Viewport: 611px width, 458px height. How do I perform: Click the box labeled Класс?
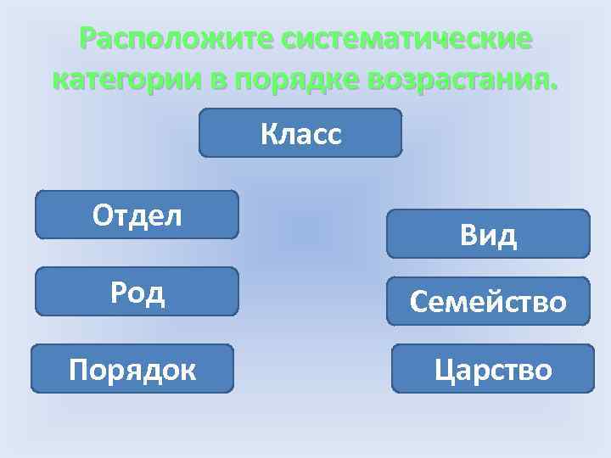pyautogui.click(x=300, y=133)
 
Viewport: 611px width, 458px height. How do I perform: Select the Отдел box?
pyautogui.click(x=137, y=215)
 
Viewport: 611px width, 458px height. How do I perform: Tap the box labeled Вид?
pyautogui.click(x=488, y=234)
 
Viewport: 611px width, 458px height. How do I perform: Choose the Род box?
pyautogui.click(x=137, y=292)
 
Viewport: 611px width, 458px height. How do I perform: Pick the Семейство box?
pyautogui.click(x=488, y=302)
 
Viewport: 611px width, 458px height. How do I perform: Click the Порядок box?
pyautogui.click(x=132, y=369)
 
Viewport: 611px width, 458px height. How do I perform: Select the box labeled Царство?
pyautogui.click(x=493, y=369)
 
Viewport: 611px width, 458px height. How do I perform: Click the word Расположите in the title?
pyautogui.click(x=176, y=39)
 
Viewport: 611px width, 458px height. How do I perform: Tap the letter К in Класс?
pyautogui.click(x=269, y=134)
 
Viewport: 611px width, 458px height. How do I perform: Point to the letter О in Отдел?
pyautogui.click(x=102, y=215)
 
